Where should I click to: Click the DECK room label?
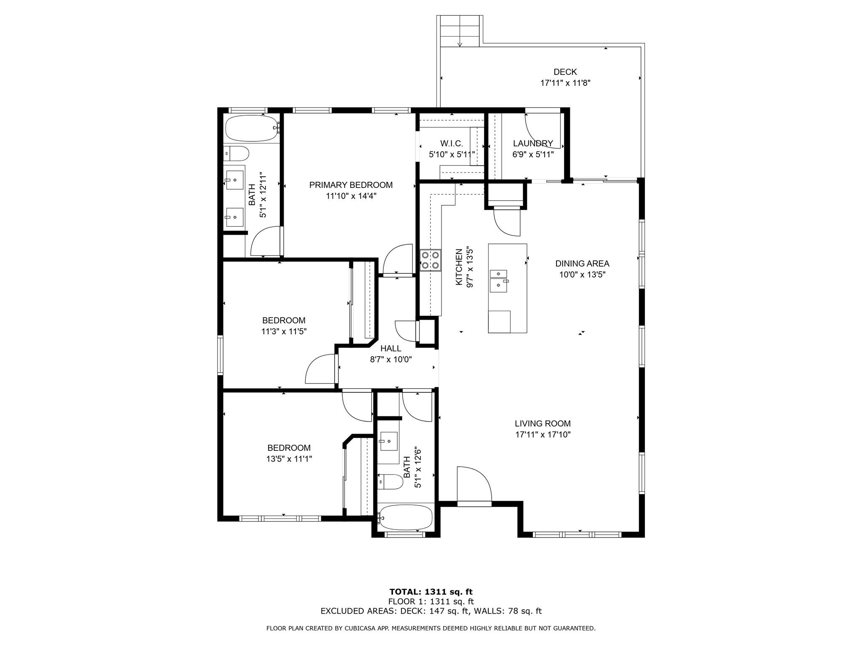coord(565,72)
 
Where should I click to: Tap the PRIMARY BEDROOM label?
coord(351,185)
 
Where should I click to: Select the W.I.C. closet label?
coord(452,143)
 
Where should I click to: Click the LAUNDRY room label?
coord(533,143)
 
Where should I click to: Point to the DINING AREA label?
coord(582,264)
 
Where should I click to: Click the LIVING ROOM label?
coord(543,424)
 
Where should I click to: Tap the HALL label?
coord(391,349)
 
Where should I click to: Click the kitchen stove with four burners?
coord(430,260)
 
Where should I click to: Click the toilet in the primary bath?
coord(236,154)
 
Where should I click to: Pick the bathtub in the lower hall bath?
coord(405,517)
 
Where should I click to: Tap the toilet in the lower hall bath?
coord(390,482)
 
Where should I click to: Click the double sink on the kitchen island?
coord(499,281)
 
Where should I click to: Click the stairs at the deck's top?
coord(460,31)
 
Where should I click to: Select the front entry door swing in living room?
coord(474,484)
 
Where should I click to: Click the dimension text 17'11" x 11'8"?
coord(565,83)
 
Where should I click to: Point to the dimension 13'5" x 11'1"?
coord(289,459)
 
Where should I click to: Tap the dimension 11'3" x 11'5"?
coord(284,331)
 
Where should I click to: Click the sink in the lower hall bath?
coord(388,441)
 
